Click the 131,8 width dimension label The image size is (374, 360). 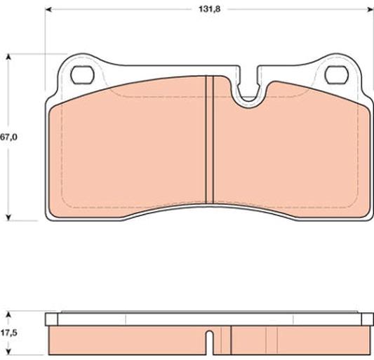coord(209,9)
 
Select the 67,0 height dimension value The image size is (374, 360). coord(8,137)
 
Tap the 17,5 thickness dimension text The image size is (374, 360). coord(8,333)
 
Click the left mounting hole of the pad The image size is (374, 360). coord(82,74)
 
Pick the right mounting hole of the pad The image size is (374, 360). coord(337,74)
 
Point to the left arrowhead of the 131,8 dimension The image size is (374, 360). coord(48,10)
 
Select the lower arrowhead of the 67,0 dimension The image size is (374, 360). coord(8,218)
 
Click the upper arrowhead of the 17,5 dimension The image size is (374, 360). coord(8,314)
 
